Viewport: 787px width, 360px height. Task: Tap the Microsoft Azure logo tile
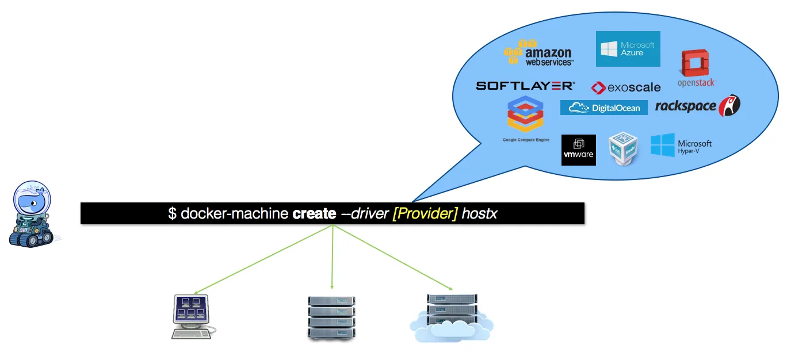coord(628,49)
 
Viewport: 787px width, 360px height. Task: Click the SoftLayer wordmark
coord(525,86)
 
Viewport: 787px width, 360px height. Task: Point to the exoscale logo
coord(626,87)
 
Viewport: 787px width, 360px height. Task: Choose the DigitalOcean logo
coord(603,108)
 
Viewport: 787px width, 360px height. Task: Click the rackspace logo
coord(697,105)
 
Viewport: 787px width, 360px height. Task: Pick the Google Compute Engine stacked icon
coord(525,114)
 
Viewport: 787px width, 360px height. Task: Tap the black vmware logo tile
coord(578,150)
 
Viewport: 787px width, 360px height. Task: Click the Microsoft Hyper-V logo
coord(681,146)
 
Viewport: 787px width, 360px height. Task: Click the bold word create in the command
coord(314,214)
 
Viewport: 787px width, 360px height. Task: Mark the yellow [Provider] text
coord(425,214)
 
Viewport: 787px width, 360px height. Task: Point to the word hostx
coord(479,214)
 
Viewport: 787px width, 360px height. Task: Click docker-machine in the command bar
coord(234,214)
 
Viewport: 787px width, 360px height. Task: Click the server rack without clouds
coord(331,318)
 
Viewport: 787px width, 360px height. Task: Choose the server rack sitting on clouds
coord(452,317)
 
